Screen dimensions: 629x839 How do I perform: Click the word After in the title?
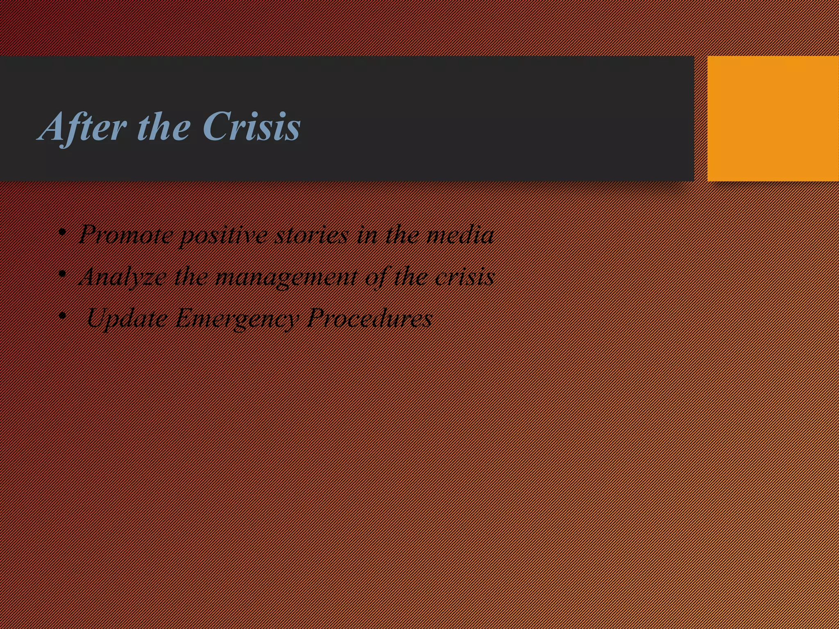coord(82,127)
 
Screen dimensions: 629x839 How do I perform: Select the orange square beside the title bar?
coord(773,118)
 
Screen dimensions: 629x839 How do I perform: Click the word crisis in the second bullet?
coord(465,277)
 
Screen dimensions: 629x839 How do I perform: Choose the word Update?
coord(127,319)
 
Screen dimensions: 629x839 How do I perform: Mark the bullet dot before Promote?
coord(62,233)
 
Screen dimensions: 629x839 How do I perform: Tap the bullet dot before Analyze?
coord(62,274)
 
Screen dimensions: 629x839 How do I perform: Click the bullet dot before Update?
coord(62,316)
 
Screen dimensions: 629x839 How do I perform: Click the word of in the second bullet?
coord(376,277)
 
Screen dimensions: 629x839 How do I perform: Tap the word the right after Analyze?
coord(191,277)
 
